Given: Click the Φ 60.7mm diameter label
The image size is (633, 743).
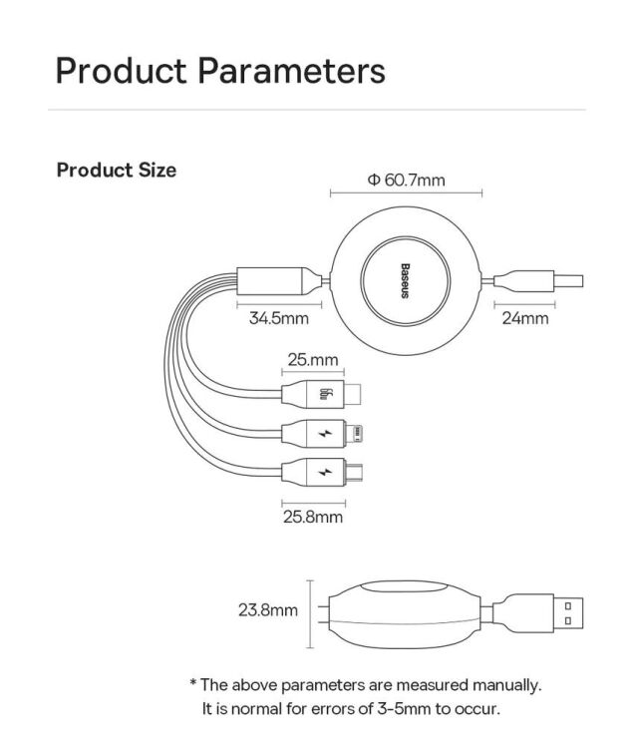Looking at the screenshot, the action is (x=406, y=181).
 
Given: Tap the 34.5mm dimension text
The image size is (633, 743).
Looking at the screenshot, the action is (x=278, y=318).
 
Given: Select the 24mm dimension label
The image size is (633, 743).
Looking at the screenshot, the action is (x=525, y=318).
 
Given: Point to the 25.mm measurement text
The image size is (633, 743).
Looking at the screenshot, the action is (x=313, y=360).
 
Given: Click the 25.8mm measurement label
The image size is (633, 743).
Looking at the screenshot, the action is (x=313, y=517).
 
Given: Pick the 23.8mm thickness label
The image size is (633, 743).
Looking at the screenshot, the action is (x=268, y=609).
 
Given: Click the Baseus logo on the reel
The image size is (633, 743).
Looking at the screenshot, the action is (x=405, y=281).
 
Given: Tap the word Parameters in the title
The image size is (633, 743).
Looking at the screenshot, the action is (x=291, y=72).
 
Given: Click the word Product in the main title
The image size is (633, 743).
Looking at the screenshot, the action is (x=122, y=72).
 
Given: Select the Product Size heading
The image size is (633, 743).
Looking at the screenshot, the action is (x=116, y=171).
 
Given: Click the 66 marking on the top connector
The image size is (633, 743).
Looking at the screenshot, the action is (x=325, y=393).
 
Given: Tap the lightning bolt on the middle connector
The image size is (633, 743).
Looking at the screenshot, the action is (x=325, y=433).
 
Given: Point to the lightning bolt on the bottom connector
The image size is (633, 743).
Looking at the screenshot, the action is (x=325, y=472).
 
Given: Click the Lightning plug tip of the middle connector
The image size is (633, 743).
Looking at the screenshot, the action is (x=354, y=433).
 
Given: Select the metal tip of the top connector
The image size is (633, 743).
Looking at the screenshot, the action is (x=353, y=393).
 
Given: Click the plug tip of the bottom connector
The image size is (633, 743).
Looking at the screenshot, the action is (x=354, y=472).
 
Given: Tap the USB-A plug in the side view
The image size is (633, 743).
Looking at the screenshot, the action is (x=568, y=613).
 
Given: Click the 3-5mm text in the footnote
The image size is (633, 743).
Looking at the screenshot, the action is (x=404, y=709).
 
